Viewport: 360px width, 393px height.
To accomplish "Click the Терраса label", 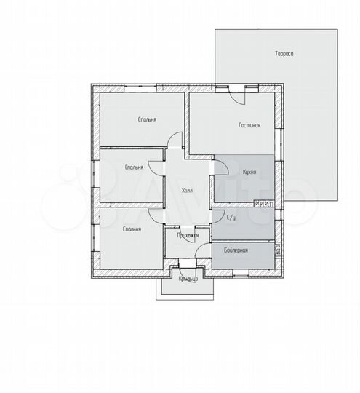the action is (x=284, y=54).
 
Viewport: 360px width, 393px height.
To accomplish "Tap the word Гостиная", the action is (x=249, y=125).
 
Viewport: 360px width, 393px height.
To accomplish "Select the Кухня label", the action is (x=249, y=172).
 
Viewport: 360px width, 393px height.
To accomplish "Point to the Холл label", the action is (x=187, y=191).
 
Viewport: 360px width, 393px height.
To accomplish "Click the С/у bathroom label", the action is (x=231, y=218).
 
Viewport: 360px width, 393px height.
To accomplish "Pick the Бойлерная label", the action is (x=236, y=250).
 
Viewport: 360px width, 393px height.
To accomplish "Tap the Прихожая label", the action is (x=188, y=235).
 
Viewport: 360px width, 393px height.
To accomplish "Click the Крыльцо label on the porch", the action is (x=188, y=279).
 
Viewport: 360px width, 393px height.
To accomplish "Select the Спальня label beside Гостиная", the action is (x=148, y=119).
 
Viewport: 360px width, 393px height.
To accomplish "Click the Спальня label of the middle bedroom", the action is (x=135, y=167).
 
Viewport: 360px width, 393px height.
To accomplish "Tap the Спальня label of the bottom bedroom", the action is (x=132, y=229).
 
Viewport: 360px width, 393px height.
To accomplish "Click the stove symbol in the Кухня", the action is (x=264, y=204).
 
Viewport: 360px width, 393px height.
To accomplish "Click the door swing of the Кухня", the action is (x=221, y=167).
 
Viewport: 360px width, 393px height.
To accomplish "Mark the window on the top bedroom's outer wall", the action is (x=140, y=88).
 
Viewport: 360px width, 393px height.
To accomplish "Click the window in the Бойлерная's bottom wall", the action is (x=241, y=273).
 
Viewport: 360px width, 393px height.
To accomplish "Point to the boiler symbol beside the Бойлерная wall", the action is (x=278, y=249).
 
